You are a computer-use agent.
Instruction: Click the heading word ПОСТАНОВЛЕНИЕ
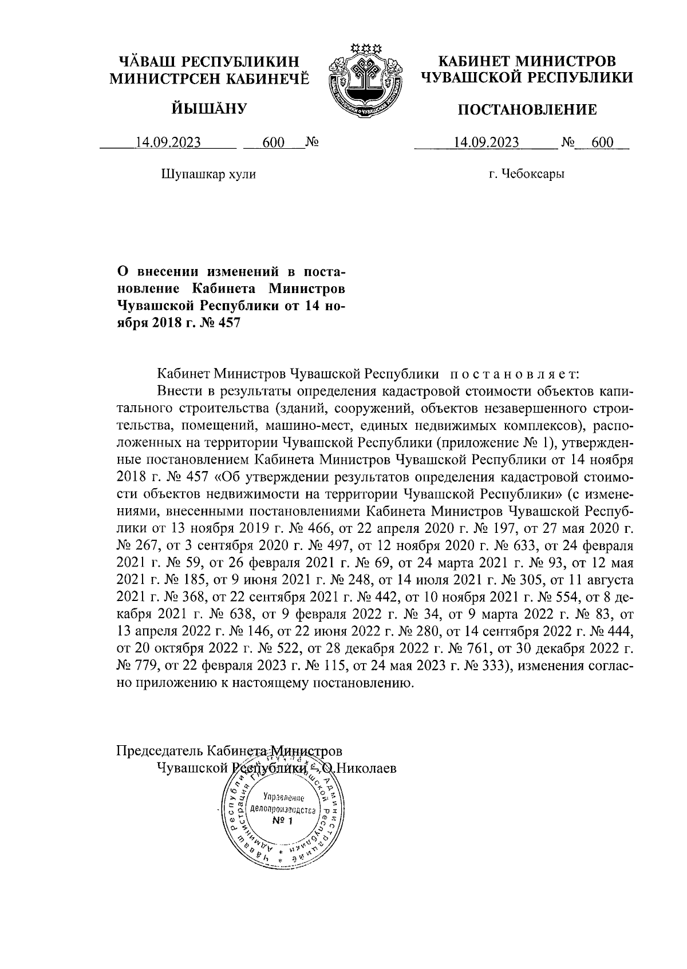(x=527, y=109)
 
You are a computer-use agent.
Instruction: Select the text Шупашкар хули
(x=209, y=174)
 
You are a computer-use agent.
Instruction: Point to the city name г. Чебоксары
(x=526, y=174)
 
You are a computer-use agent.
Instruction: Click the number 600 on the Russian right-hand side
(x=602, y=143)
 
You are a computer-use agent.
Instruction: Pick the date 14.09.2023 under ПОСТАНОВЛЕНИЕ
(x=486, y=143)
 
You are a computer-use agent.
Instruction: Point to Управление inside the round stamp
(x=283, y=798)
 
